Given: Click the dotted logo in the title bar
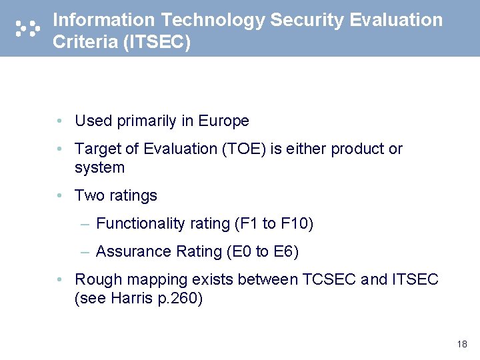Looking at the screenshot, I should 27,27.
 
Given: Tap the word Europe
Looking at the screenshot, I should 223,121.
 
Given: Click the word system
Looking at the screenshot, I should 99,167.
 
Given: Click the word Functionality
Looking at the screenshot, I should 140,223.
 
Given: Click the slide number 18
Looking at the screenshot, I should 462,344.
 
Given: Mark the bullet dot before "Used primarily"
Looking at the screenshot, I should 60,121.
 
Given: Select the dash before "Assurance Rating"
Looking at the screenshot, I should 85,251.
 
